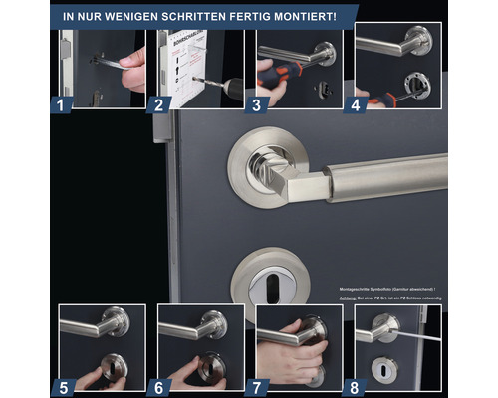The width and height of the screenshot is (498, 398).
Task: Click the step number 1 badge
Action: click(x=61, y=101)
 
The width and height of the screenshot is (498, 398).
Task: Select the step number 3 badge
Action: click(x=257, y=101)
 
